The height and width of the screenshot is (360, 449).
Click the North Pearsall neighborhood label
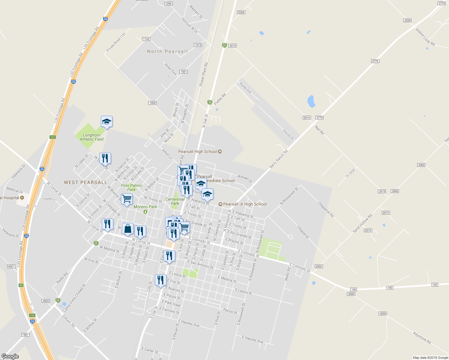coord(167,51)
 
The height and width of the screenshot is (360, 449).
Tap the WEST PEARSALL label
coord(86,182)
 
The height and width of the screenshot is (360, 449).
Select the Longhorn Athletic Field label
coord(92,137)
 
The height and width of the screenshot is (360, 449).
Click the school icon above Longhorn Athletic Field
coord(107,122)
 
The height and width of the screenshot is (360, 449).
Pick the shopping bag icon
coord(128,229)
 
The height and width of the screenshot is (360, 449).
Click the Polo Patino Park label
coord(131,187)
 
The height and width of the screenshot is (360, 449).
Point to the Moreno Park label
coord(145,207)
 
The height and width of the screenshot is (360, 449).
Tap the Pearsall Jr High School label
coord(245,204)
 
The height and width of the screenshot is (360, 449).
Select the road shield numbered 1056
coord(168,4)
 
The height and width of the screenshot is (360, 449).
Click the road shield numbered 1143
coord(146,39)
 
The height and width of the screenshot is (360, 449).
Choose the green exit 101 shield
coord(53,137)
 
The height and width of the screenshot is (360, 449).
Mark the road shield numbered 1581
coord(25,335)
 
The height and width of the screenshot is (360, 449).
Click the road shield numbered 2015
coord(382,191)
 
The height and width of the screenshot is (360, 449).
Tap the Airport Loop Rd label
coord(425,37)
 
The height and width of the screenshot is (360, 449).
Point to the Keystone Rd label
coord(422,337)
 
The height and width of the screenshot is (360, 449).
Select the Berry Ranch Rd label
coord(279,159)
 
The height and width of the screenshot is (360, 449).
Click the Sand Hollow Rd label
coord(362,223)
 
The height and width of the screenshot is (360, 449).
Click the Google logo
coord(10,356)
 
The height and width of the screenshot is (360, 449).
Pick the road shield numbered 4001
coord(11,266)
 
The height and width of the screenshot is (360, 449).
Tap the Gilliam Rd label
coord(69,321)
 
